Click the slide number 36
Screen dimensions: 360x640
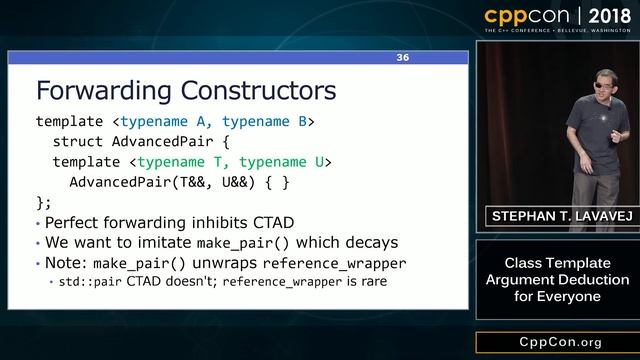click(403, 58)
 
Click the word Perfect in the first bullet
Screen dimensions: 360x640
click(76, 222)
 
